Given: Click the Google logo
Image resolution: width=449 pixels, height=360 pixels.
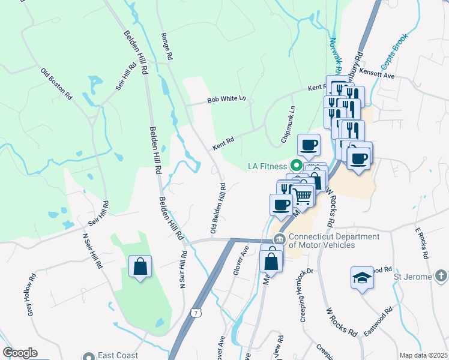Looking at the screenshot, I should point(20,353).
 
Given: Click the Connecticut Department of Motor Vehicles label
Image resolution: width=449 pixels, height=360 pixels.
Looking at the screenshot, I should point(334,241).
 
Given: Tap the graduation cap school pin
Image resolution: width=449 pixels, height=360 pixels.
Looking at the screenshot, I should point(361,278).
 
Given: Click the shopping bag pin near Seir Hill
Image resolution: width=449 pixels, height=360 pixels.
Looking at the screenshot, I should point(140,267).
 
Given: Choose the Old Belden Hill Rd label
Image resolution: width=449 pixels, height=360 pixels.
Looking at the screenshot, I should point(218,208).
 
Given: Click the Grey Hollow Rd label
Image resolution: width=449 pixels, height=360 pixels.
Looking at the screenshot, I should point(29,295).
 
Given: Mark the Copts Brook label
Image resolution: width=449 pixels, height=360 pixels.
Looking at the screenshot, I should point(393,50).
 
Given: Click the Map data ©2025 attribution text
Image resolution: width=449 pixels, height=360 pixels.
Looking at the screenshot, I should point(423,355).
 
